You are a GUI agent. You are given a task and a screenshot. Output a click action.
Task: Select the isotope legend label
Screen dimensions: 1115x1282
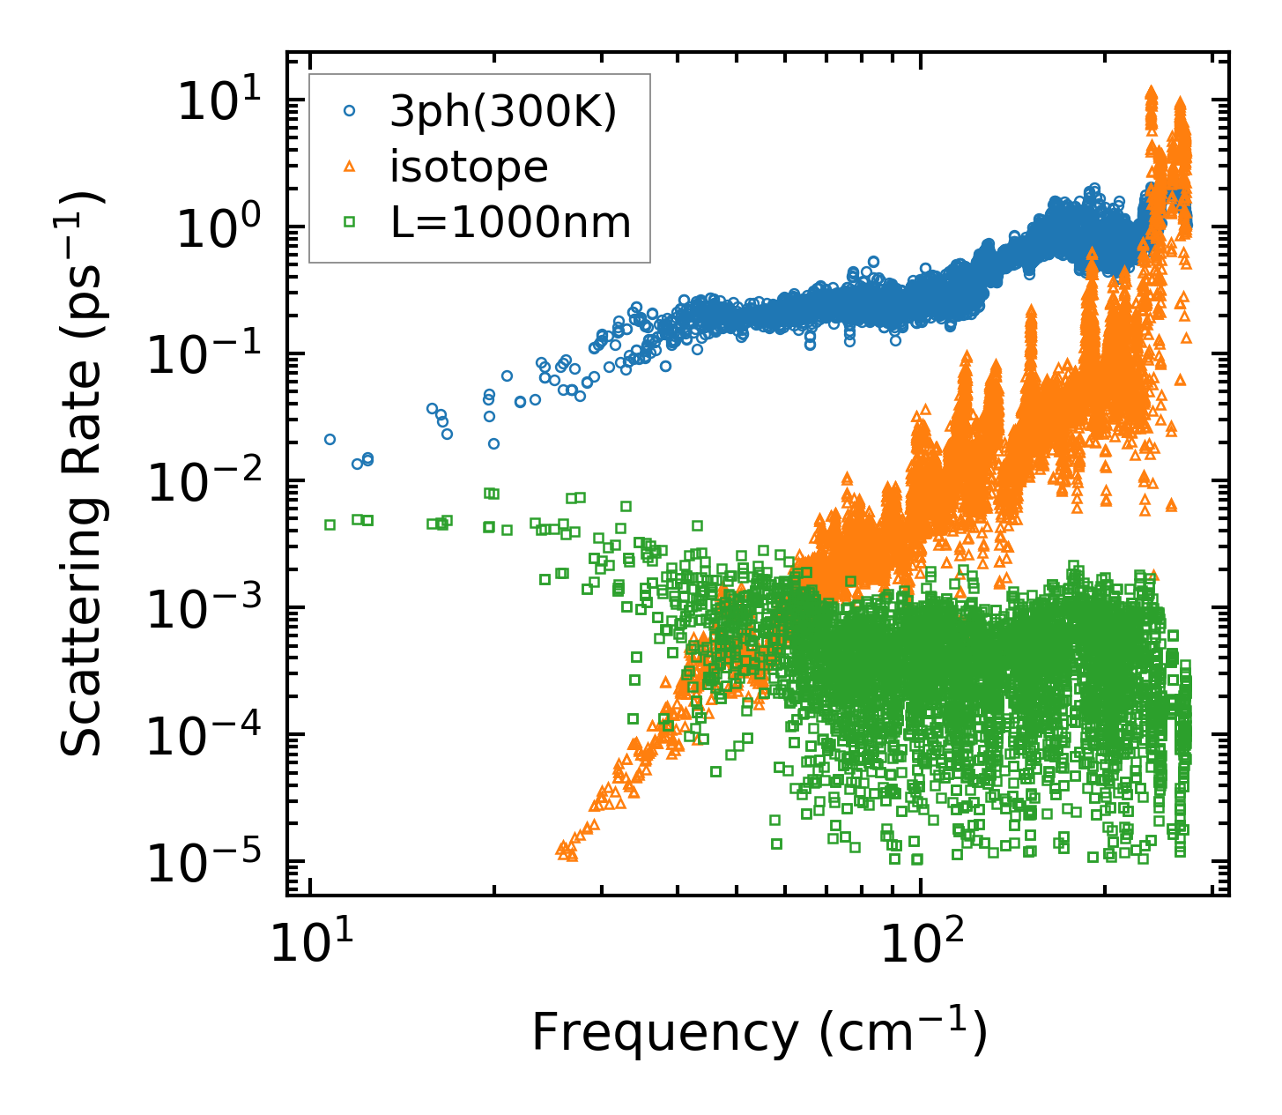469,167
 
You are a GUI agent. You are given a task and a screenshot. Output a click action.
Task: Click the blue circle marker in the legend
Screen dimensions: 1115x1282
350,111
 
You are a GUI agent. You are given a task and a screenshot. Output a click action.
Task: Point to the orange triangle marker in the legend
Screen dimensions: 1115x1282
350,167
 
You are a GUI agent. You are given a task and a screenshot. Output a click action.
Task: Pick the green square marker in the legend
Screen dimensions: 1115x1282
350,222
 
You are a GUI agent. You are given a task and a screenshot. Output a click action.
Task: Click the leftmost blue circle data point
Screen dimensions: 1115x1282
330,439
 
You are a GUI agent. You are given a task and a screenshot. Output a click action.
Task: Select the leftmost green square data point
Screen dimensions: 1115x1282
330,524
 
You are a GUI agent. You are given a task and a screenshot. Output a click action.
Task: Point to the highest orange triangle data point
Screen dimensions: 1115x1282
1150,92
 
